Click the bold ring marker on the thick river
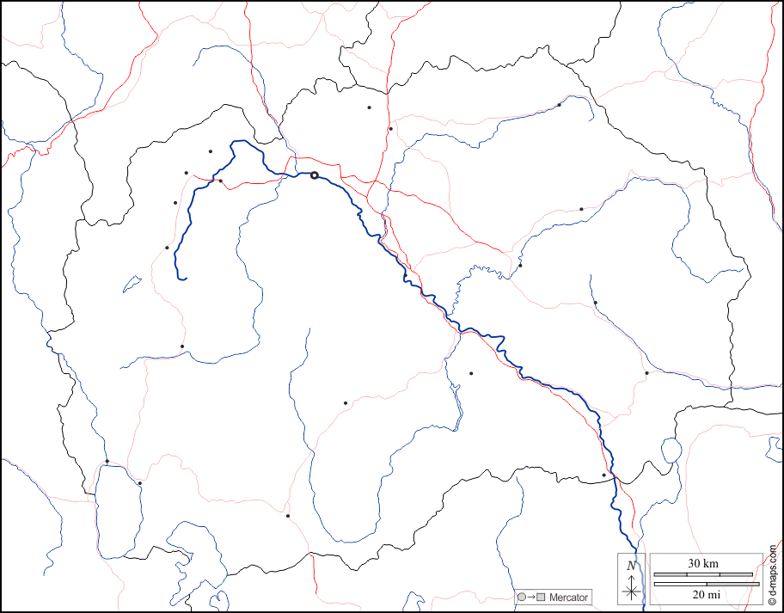(x=315, y=175)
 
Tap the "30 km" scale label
(x=703, y=563)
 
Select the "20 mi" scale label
(x=703, y=594)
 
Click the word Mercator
(x=569, y=597)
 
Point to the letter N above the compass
(x=632, y=565)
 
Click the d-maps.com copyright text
(x=773, y=575)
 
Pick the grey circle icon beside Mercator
(x=521, y=597)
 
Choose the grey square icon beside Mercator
(x=541, y=597)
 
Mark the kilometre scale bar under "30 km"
(x=703, y=573)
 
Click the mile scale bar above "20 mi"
(x=703, y=584)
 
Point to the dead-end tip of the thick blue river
(x=185, y=279)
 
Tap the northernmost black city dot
(x=369, y=107)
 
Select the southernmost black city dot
(x=288, y=516)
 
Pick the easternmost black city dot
(x=646, y=373)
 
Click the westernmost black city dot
(x=107, y=462)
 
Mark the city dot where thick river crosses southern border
(x=603, y=475)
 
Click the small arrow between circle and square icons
(x=530, y=597)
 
